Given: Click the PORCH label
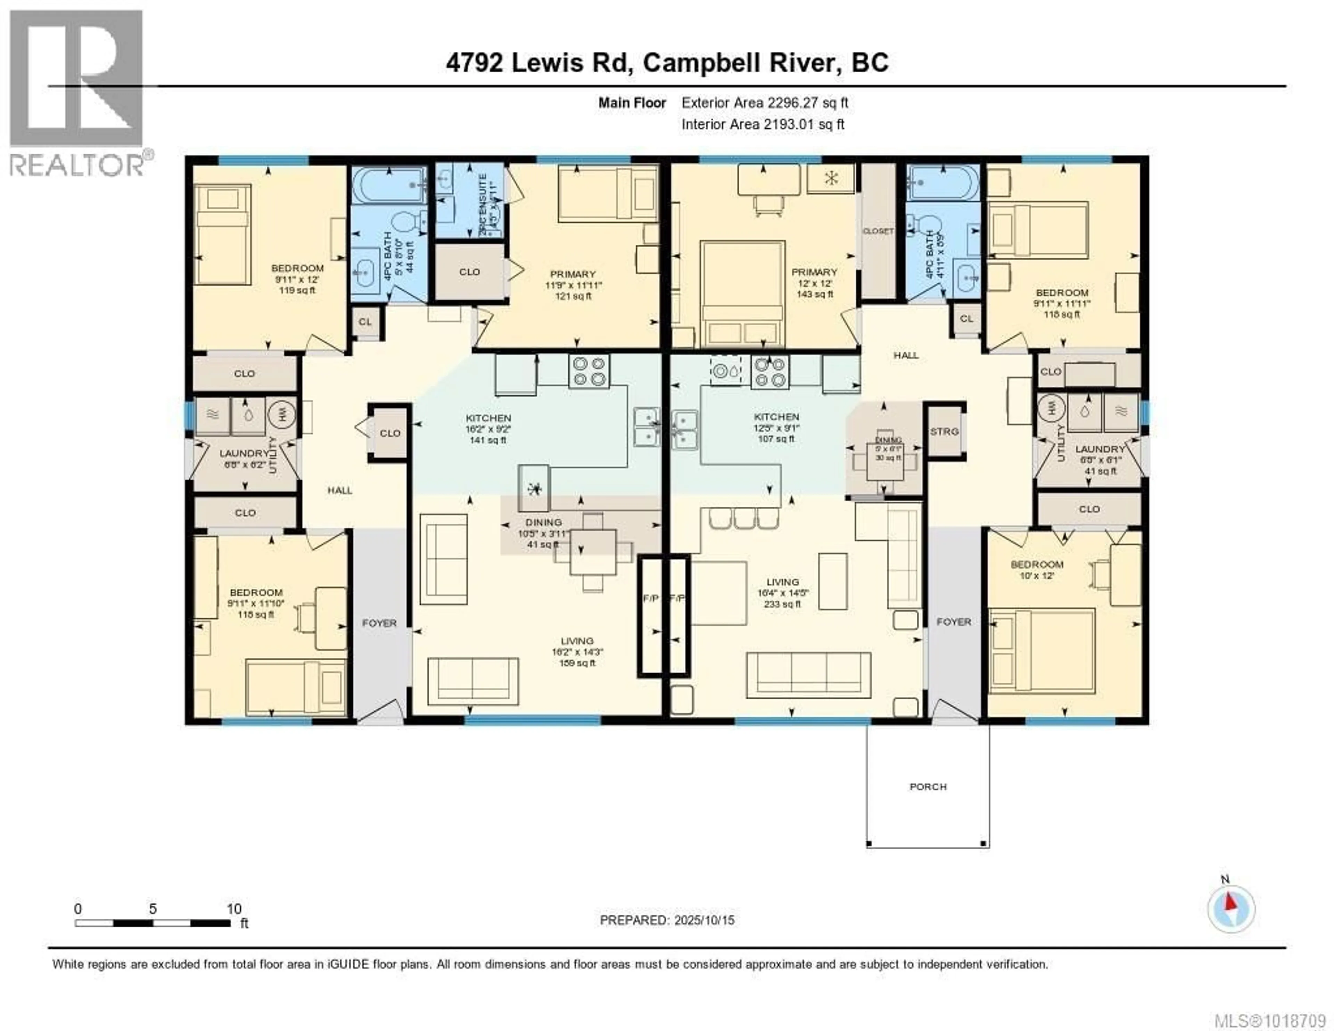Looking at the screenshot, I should click(x=928, y=787).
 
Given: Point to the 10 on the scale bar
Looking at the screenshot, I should click(x=234, y=909).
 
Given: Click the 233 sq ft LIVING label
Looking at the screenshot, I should click(x=782, y=592).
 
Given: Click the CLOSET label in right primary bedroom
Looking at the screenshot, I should click(x=878, y=231).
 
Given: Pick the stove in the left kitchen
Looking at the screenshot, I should click(x=589, y=371).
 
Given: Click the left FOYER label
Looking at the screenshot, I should click(x=379, y=623).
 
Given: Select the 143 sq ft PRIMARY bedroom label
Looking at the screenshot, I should click(x=814, y=282).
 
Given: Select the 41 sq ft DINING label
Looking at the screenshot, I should click(x=543, y=532).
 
